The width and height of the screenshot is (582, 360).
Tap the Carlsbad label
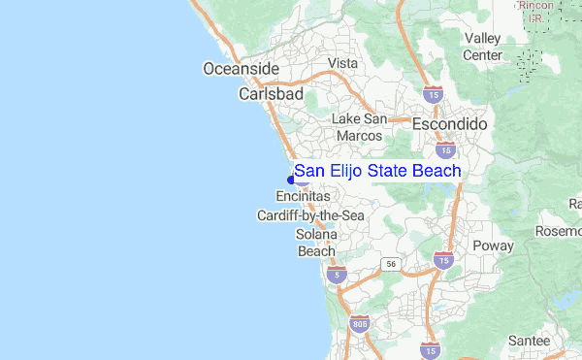pyautogui.click(x=271, y=95)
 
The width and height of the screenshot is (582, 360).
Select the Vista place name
pyautogui.click(x=343, y=63)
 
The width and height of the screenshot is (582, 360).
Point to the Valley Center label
pyautogui.click(x=482, y=47)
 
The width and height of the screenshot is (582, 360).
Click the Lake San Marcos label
pyautogui.click(x=359, y=127)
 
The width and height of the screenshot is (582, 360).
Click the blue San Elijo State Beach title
pyautogui.click(x=377, y=171)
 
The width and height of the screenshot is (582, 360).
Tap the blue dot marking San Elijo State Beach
pyautogui.click(x=291, y=178)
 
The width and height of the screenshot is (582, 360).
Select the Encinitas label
pyautogui.click(x=304, y=196)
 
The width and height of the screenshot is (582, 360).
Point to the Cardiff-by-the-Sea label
pyautogui.click(x=310, y=214)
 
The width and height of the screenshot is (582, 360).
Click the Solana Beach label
pyautogui.click(x=317, y=243)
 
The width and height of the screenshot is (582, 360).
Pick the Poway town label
pyautogui.click(x=493, y=245)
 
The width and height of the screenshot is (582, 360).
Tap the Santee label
pyautogui.click(x=529, y=342)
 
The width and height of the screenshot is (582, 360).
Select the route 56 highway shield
pyautogui.click(x=389, y=263)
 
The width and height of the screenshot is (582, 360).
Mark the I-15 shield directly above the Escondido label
pyautogui.click(x=432, y=95)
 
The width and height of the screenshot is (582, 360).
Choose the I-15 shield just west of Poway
pyautogui.click(x=443, y=260)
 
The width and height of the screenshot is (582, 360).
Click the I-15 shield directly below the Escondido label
pyautogui.click(x=445, y=150)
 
